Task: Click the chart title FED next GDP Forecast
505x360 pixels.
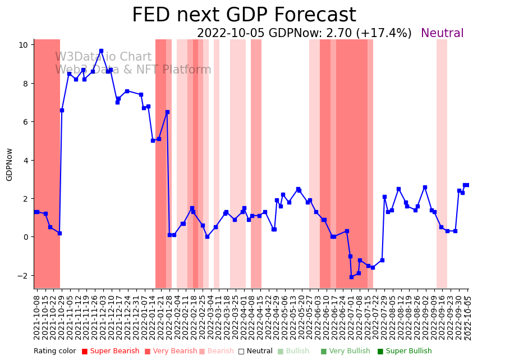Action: pos(244,15)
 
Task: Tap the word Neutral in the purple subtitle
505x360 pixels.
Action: pos(442,34)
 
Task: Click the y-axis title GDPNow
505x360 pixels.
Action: pos(10,164)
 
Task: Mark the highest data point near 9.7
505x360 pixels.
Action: pos(101,51)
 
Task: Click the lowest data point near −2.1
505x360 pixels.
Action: pos(351,277)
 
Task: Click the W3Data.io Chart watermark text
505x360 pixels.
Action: pos(103,57)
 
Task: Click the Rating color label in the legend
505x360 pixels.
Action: pos(54,352)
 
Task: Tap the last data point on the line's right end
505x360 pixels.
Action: pos(466,185)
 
